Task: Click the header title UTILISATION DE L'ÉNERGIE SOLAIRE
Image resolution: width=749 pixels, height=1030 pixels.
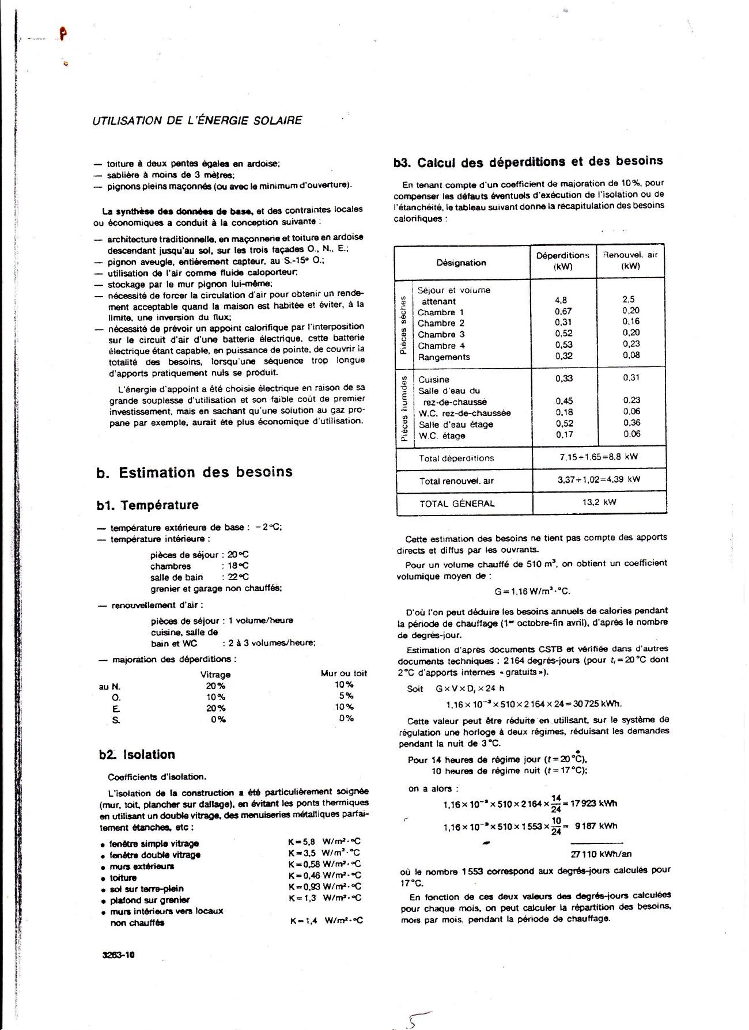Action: (198, 120)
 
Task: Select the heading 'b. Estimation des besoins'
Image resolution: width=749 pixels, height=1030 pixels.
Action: (194, 472)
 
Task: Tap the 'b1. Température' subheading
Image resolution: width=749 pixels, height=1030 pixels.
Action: (147, 505)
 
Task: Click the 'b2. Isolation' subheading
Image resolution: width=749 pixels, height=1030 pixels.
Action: (136, 755)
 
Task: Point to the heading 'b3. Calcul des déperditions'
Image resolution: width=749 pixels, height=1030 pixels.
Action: (528, 162)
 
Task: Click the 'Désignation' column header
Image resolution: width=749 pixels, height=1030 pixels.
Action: (461, 263)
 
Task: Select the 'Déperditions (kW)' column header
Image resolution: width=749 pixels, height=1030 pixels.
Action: (562, 260)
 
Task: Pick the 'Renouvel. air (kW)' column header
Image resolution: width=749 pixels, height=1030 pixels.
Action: (630, 260)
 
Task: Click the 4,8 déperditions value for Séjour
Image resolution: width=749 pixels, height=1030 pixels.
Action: (561, 300)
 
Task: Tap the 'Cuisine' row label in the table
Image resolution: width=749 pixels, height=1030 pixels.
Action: (434, 380)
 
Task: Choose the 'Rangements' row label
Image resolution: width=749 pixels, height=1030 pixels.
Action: (444, 357)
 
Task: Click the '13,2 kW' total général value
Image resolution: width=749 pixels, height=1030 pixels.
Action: (599, 502)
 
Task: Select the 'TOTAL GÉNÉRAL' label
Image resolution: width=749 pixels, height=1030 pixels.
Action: (457, 503)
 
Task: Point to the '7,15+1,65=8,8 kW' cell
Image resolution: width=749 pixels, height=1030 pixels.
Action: (599, 457)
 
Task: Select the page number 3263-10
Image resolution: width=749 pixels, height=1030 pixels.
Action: (118, 955)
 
